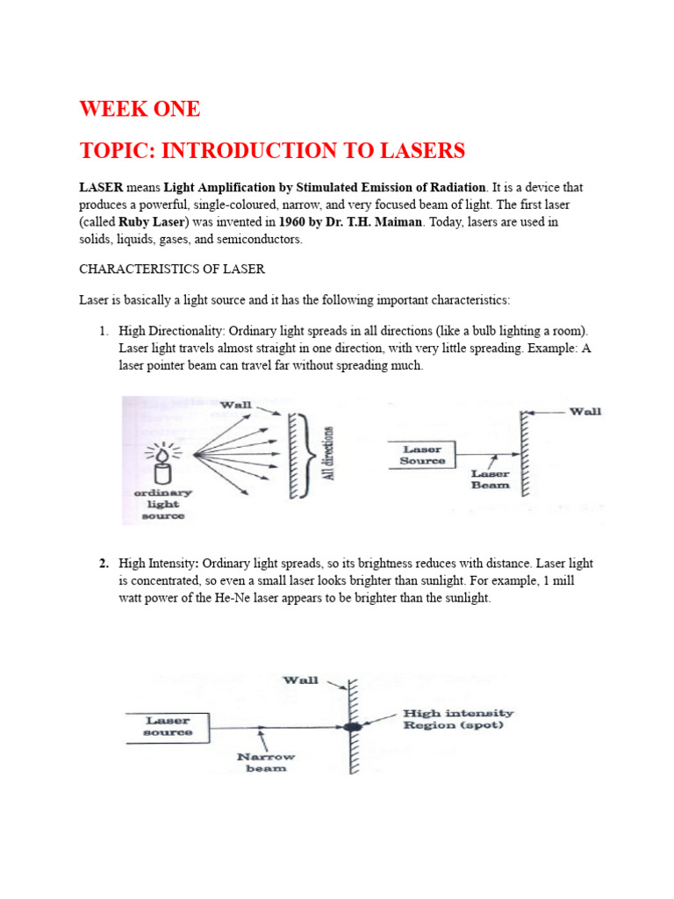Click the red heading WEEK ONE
click(x=140, y=109)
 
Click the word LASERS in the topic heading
click(x=422, y=151)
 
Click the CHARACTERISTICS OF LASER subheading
click(x=172, y=269)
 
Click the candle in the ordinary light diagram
click(x=163, y=465)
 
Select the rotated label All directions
click(x=328, y=453)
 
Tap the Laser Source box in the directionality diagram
click(x=422, y=456)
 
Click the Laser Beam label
click(x=490, y=479)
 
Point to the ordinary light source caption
click(x=163, y=505)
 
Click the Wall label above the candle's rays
click(x=235, y=405)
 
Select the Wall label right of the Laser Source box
click(x=585, y=412)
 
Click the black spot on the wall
click(x=353, y=727)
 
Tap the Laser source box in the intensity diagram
click(x=168, y=728)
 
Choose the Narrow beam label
click(x=266, y=763)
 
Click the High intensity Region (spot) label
click(x=458, y=719)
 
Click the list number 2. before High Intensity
click(x=104, y=564)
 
